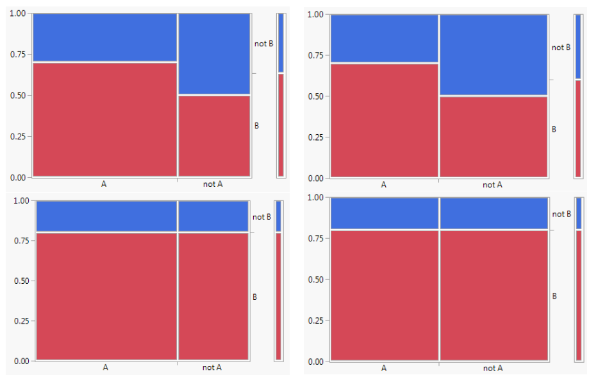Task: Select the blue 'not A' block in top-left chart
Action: pos(214,54)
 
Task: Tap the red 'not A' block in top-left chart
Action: pos(214,135)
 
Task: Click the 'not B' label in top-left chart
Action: pos(263,44)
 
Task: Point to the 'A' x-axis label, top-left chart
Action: pos(104,184)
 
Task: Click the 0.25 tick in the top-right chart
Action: pos(315,137)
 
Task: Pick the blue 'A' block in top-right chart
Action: pos(384,39)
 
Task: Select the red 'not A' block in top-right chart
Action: pos(493,136)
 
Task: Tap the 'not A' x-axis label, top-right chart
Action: pos(493,185)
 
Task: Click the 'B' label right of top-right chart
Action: pos(554,129)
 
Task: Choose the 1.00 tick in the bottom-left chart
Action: pos(20,200)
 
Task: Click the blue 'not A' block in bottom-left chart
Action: pos(213,216)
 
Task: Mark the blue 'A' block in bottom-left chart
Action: pos(106,216)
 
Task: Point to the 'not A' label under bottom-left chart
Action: pos(212,367)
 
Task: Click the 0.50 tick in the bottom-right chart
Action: pos(315,279)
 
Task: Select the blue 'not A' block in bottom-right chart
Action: pos(493,213)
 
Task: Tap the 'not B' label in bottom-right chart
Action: pos(561,214)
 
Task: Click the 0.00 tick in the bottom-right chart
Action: pos(315,362)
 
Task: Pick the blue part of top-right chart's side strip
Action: pos(578,46)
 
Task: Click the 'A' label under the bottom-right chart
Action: pos(384,368)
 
